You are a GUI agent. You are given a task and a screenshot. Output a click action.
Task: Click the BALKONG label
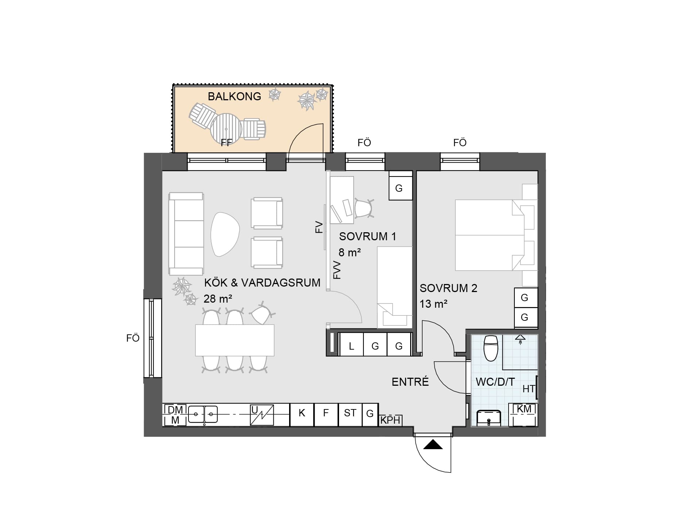pos(234,96)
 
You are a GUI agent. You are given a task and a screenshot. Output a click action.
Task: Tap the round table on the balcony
pos(226,129)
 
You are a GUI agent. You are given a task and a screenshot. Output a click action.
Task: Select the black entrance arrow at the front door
pos(433,444)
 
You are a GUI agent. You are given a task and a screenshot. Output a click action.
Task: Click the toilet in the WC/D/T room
pos(490,348)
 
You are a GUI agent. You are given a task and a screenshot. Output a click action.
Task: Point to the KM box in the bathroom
pos(524,415)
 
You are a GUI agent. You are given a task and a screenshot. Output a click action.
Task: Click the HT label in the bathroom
pos(529,389)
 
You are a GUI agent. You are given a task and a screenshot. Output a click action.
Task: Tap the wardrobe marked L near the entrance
pos(351,344)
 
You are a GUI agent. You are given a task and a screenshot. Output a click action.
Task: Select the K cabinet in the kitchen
pos(302,415)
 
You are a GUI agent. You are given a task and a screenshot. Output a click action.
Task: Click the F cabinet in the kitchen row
pos(326,415)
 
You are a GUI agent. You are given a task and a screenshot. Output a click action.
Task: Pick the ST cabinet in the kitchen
pos(350,415)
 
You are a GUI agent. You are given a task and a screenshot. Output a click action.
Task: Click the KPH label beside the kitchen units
pos(390,420)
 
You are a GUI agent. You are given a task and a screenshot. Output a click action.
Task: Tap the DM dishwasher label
pos(175,410)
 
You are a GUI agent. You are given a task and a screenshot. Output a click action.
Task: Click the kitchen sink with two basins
pos(203,415)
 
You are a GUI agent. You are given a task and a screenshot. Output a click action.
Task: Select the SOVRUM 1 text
pos(367,236)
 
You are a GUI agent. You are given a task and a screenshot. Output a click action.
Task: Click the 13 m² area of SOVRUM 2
pos(433,304)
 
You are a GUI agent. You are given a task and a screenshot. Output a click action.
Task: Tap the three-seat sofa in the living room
pos(186,234)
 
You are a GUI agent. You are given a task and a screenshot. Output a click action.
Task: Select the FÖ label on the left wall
pos(133,338)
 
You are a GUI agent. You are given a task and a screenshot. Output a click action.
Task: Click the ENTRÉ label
pos(410,381)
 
